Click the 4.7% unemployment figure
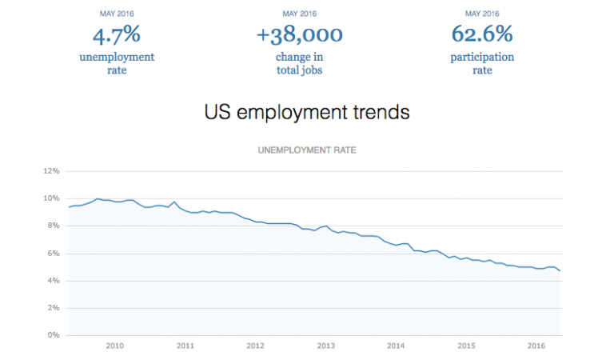(x=117, y=34)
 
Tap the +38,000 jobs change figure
(x=300, y=34)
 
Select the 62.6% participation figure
(x=482, y=34)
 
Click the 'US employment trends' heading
(x=307, y=112)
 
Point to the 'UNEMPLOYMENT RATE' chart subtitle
(x=307, y=150)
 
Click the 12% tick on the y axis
(x=52, y=171)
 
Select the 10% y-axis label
(x=52, y=198)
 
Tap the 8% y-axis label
(x=54, y=226)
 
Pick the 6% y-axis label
(x=54, y=254)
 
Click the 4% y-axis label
(x=54, y=281)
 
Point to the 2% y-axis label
(x=54, y=308)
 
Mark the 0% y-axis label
(x=54, y=335)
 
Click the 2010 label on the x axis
(x=114, y=346)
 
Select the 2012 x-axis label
(x=255, y=346)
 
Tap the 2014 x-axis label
(x=396, y=346)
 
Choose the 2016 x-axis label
(x=536, y=346)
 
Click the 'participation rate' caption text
(x=482, y=63)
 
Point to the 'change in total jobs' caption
(x=300, y=63)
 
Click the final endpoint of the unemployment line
(x=560, y=271)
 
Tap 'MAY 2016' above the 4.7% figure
(x=117, y=13)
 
